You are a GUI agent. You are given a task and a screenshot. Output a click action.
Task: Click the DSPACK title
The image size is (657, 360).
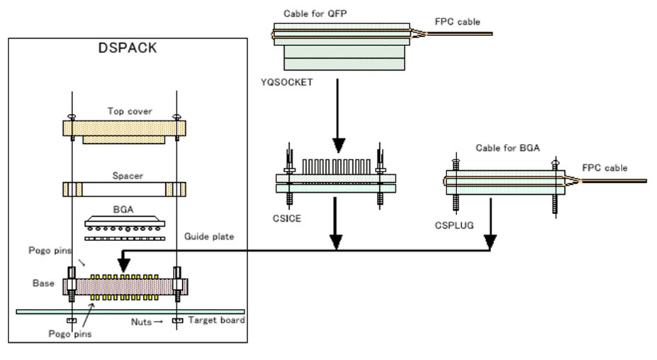click(128, 47)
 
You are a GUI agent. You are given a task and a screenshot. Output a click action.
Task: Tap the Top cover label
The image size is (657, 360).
click(130, 111)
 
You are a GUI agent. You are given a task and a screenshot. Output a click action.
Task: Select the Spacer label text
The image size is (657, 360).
click(128, 176)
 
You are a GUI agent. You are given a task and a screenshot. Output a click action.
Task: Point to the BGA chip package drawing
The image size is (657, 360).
click(125, 223)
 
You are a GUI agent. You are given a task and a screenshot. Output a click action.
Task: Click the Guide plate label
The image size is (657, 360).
click(209, 237)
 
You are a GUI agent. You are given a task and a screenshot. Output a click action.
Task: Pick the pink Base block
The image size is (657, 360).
click(125, 287)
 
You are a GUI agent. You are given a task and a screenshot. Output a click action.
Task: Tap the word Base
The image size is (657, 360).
click(43, 283)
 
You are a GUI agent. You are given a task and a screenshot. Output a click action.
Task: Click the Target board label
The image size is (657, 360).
click(217, 320)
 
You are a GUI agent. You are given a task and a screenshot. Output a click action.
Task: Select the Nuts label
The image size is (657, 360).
click(141, 322)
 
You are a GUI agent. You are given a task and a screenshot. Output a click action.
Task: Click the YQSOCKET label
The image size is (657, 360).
click(286, 82)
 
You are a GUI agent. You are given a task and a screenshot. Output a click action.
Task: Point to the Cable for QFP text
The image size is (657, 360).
click(315, 14)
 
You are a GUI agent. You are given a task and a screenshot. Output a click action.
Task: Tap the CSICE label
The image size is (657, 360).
click(286, 219)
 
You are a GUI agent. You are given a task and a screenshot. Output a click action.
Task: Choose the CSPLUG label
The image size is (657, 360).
click(454, 225)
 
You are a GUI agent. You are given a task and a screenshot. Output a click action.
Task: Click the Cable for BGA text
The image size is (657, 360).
click(507, 148)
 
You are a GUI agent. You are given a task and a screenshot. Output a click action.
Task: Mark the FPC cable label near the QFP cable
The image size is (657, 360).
click(457, 22)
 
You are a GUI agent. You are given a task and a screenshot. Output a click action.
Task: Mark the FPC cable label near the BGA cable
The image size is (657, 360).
click(605, 168)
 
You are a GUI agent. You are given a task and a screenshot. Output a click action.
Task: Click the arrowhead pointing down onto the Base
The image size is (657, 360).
click(123, 265)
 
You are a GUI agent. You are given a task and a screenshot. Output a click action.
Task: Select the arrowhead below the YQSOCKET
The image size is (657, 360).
click(339, 145)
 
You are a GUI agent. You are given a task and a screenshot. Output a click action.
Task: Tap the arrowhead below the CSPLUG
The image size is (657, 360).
click(490, 242)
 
